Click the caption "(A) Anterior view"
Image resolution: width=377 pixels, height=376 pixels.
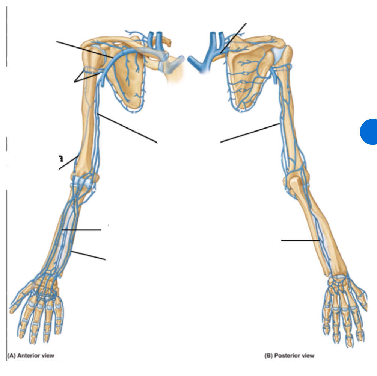click(x=31, y=355)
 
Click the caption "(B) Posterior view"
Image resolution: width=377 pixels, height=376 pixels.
click(x=289, y=355)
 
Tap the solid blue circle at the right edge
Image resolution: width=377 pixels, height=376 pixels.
click(x=369, y=131)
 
